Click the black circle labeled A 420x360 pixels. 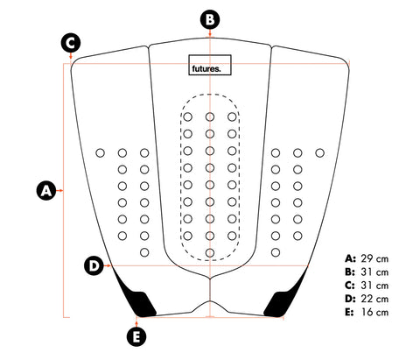(x=46, y=191)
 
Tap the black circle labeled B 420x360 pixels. (x=210, y=19)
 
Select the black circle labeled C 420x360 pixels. (x=71, y=43)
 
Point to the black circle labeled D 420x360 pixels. (x=94, y=266)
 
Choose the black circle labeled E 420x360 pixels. (x=136, y=336)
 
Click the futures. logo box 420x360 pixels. (x=210, y=65)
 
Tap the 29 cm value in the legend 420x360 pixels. (x=374, y=258)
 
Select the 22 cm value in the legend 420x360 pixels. (x=374, y=299)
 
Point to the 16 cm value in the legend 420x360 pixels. (x=375, y=312)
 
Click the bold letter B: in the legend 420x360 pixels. (x=350, y=272)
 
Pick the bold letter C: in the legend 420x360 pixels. (x=350, y=286)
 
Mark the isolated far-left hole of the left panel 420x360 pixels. (x=100, y=152)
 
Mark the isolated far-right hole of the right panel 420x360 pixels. (x=320, y=152)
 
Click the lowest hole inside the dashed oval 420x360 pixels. (x=210, y=252)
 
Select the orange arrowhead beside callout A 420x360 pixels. (x=61, y=191)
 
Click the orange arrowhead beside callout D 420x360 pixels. (x=109, y=266)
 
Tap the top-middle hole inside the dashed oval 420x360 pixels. (x=210, y=117)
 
